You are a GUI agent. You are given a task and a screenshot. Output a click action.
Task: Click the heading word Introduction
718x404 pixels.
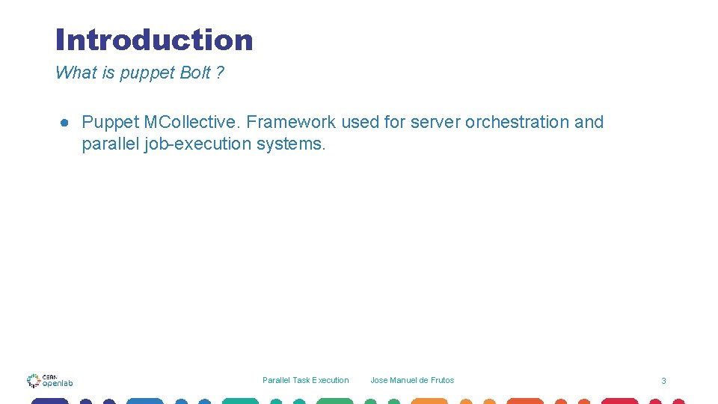tap(154, 40)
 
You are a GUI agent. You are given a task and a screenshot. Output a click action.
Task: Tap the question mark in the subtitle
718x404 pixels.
tap(220, 73)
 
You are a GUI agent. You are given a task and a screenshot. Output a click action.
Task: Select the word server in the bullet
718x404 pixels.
tap(435, 122)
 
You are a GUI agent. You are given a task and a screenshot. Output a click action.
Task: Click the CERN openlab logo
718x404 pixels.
tap(49, 380)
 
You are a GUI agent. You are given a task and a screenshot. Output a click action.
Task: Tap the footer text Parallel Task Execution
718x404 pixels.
tap(305, 380)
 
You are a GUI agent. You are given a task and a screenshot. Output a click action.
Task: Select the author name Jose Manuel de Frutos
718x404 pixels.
tap(412, 380)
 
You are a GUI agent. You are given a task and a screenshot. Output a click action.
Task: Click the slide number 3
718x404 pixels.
tap(663, 381)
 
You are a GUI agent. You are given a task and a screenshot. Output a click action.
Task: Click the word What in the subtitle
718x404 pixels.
tap(76, 73)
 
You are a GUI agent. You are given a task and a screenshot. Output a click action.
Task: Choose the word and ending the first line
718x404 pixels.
tap(589, 122)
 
